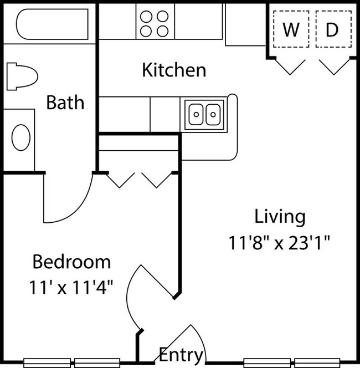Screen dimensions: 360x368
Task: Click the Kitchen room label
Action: pos(174,70)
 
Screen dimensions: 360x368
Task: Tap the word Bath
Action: pos(65,103)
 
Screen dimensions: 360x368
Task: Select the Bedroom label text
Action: pos(71,262)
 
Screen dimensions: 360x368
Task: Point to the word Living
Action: pos(280,217)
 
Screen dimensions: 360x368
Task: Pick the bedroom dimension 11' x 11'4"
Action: pos(71,288)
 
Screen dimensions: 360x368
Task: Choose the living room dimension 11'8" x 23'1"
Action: pos(279,243)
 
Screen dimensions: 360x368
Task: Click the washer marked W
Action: pos(291,29)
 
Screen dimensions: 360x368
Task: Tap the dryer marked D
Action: pos(333,29)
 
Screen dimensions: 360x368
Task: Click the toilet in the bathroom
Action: pos(22,76)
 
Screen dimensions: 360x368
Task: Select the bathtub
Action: pos(52,24)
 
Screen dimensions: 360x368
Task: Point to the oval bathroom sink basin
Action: pos(21,137)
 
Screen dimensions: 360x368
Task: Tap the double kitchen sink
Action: pos(204,115)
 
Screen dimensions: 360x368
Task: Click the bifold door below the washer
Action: pos(290,67)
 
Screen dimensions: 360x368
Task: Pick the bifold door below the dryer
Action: pos(334,67)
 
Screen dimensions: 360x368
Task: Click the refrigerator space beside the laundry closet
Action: pos(245,24)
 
